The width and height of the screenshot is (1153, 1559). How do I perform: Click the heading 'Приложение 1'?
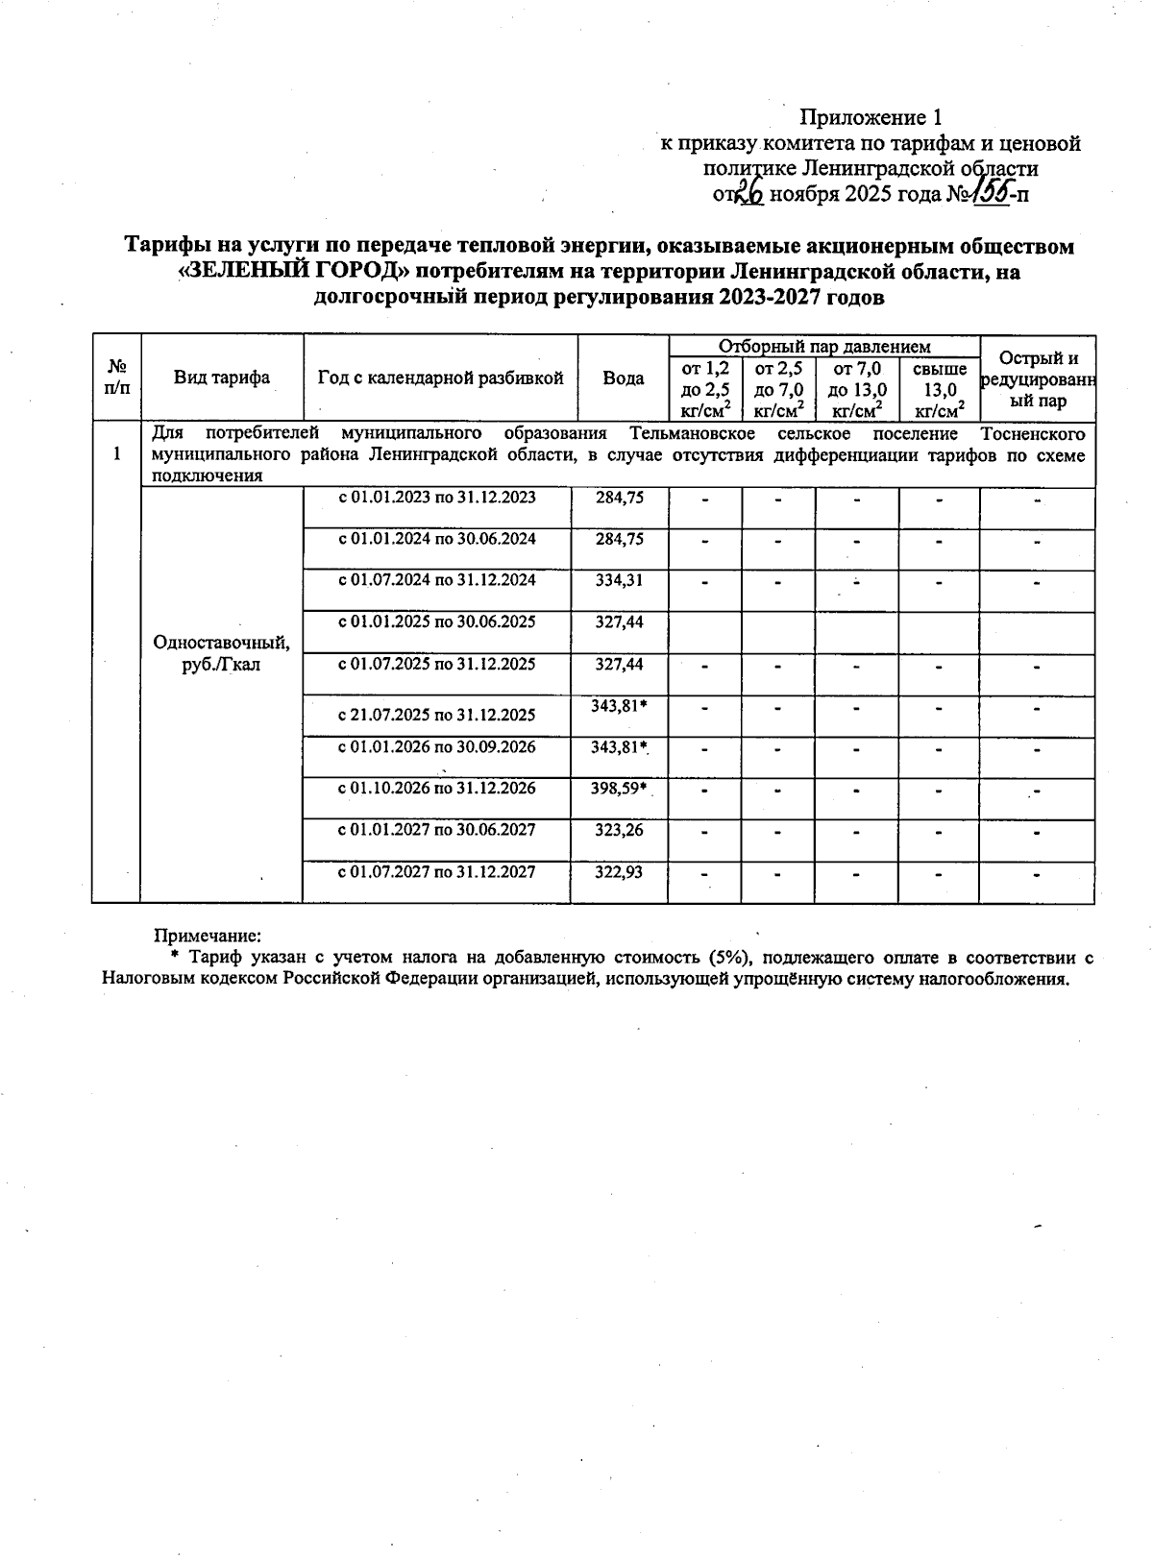pyautogui.click(x=871, y=118)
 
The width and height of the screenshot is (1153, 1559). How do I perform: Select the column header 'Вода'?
pyautogui.click(x=623, y=378)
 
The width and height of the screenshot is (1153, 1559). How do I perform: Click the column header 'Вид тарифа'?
pyautogui.click(x=222, y=378)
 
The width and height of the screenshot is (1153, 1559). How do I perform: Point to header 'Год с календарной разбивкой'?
pyautogui.click(x=440, y=378)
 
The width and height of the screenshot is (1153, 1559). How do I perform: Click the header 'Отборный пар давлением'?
pyautogui.click(x=823, y=347)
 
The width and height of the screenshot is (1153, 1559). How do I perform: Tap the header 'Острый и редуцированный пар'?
pyautogui.click(x=1038, y=379)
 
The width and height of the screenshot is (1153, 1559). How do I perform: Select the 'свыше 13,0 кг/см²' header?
pyautogui.click(x=939, y=390)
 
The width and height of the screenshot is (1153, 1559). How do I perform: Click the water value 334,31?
pyautogui.click(x=620, y=580)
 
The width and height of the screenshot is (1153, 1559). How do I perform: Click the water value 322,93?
pyautogui.click(x=620, y=872)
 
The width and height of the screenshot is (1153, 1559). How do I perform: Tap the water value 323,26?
pyautogui.click(x=620, y=830)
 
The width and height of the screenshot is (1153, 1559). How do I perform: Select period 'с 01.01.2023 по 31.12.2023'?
pyautogui.click(x=436, y=498)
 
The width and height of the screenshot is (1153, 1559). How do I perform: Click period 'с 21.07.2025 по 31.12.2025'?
pyautogui.click(x=436, y=715)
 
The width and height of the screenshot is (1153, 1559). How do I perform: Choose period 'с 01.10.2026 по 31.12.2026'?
pyautogui.click(x=436, y=789)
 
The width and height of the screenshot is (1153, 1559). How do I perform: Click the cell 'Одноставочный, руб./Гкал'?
pyautogui.click(x=221, y=653)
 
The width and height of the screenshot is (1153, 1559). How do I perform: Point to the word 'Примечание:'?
pyautogui.click(x=209, y=935)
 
